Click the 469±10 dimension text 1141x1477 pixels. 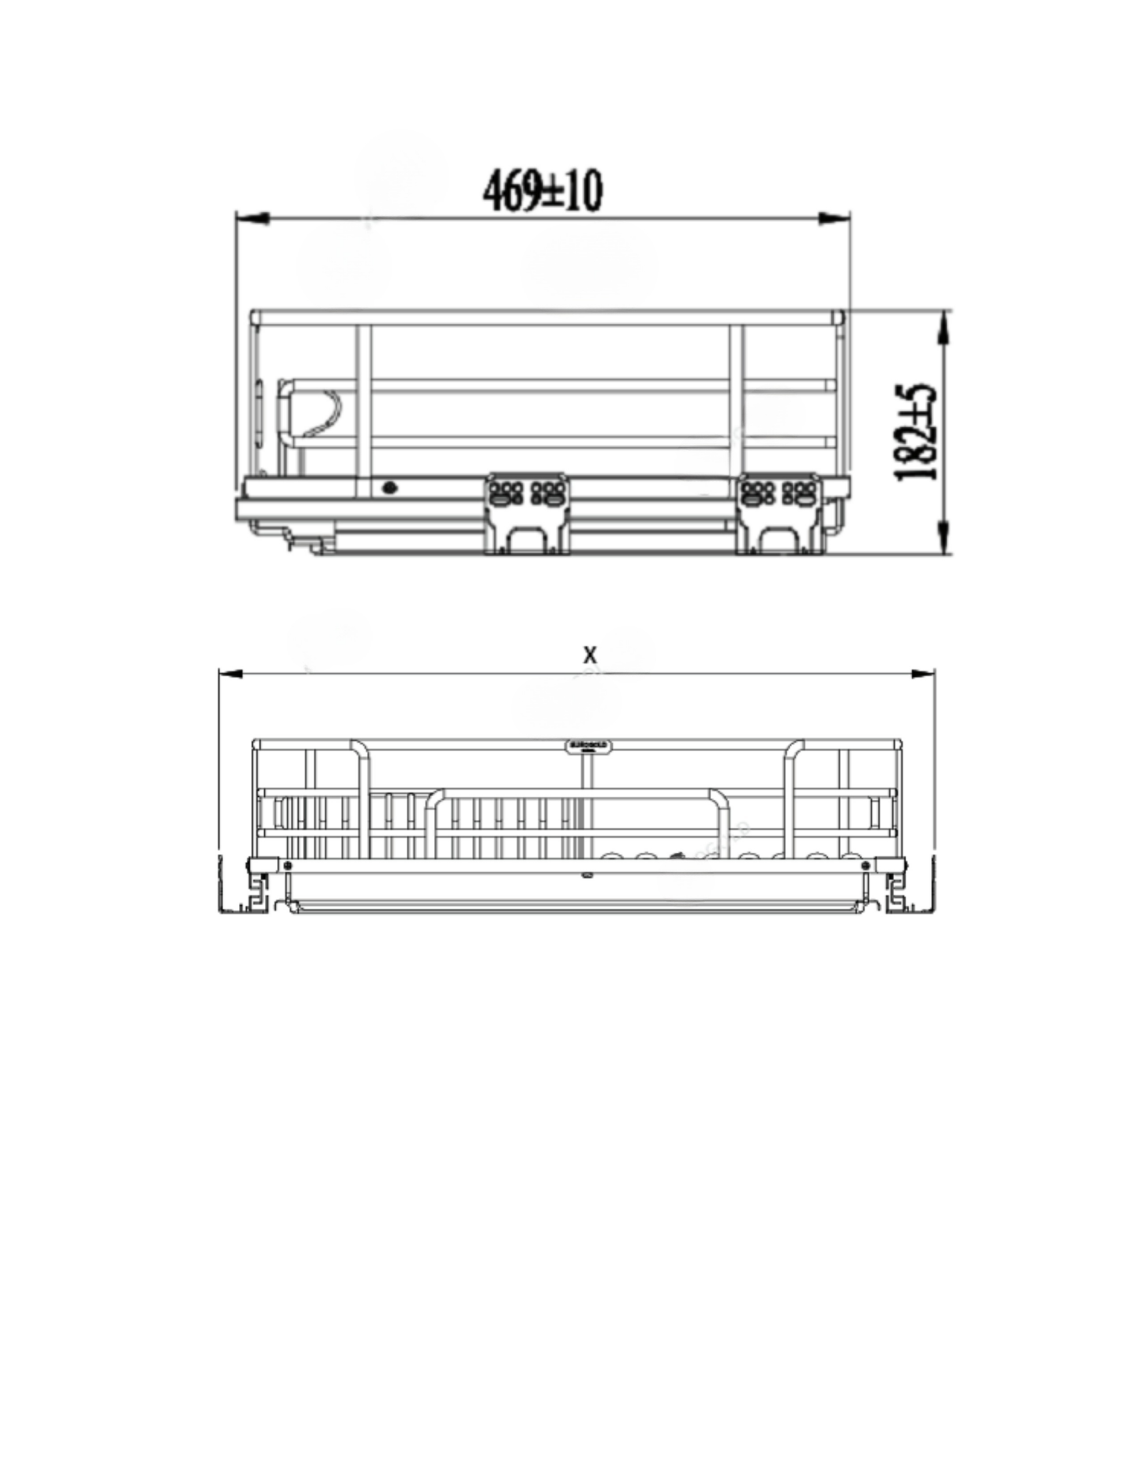click(x=542, y=192)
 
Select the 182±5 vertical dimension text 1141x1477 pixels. click(x=917, y=433)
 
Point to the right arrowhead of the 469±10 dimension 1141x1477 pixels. click(x=834, y=219)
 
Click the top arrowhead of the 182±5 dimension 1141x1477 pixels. click(x=945, y=328)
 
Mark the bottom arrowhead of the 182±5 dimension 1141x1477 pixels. click(x=945, y=537)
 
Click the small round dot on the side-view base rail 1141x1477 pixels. click(x=389, y=488)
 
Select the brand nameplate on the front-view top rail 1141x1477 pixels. click(x=589, y=745)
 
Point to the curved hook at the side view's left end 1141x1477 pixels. click(x=325, y=413)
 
